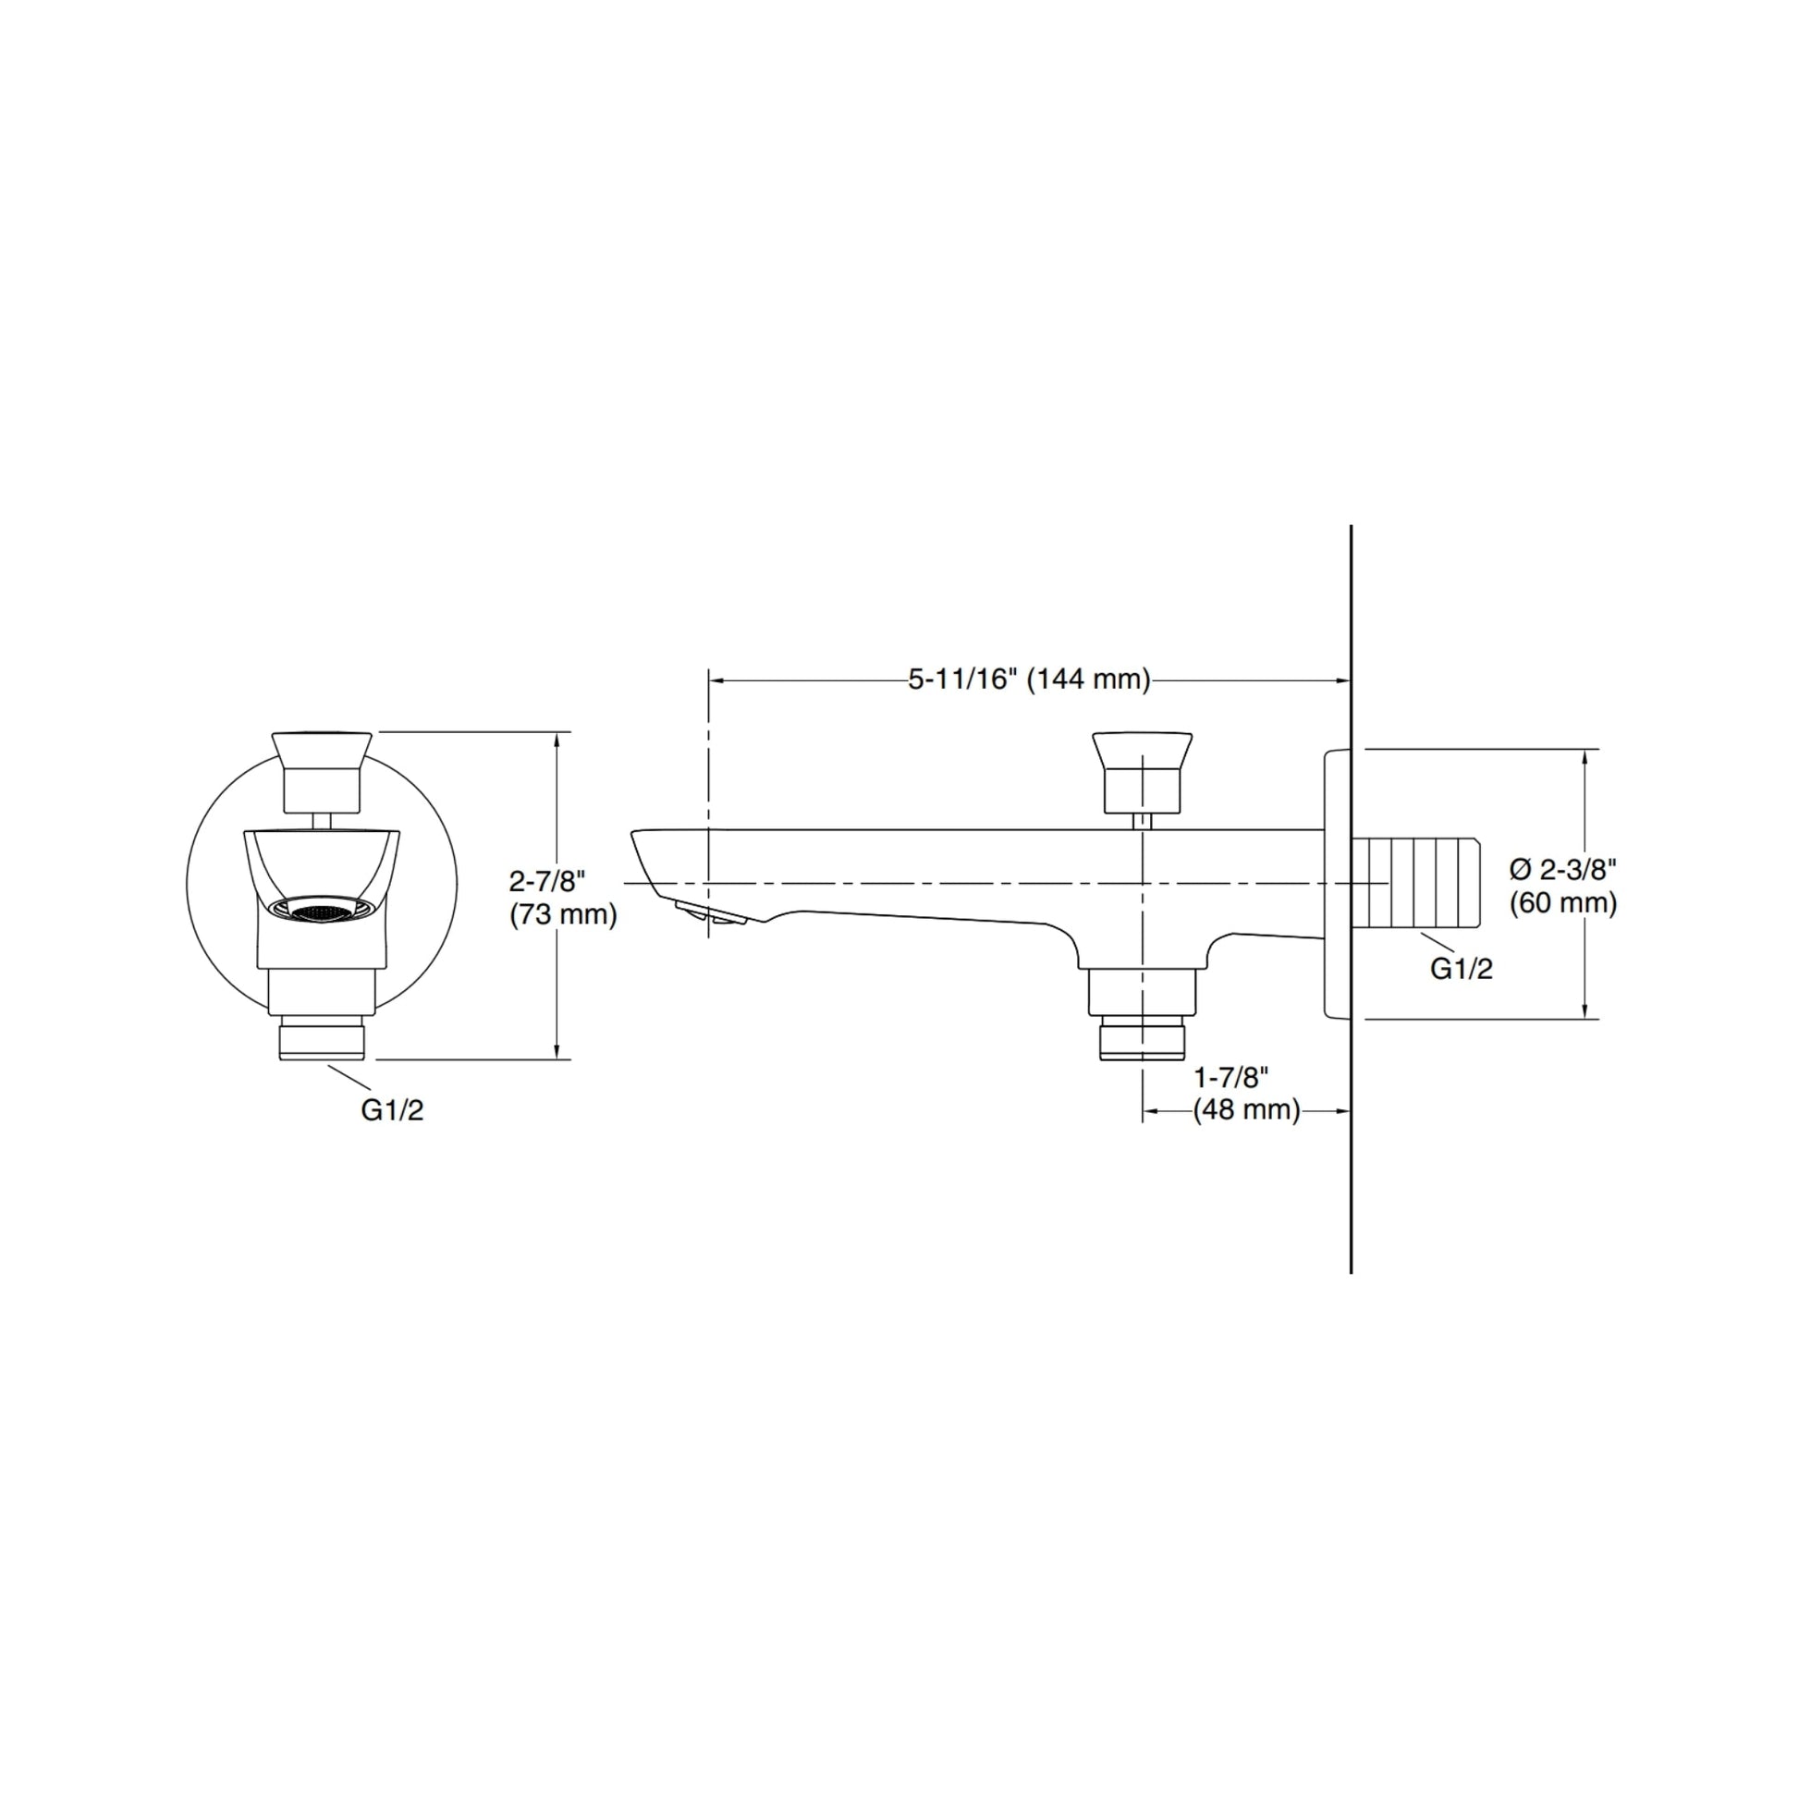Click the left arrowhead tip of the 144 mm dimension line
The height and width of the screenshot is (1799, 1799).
coord(710,680)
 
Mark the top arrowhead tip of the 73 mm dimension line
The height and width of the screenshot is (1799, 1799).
coord(557,732)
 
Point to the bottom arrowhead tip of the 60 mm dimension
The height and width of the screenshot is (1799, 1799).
coord(1585,1019)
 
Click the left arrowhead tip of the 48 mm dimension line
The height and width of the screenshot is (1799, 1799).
coord(1144,1110)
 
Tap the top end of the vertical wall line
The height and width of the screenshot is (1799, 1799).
coord(1352,525)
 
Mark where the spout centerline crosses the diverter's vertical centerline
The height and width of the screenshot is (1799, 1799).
coord(1144,882)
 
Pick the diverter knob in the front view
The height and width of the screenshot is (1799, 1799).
coord(322,772)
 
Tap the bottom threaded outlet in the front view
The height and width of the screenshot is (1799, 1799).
coord(323,1040)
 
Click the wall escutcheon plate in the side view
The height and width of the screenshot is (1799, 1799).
coord(1337,883)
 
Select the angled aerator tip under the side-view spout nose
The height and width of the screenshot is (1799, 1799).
coord(710,912)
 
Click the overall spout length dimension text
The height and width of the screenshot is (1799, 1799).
coord(1030,679)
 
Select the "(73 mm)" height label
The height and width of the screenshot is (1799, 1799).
coord(563,915)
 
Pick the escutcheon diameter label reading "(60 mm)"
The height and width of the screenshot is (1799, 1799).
coord(1563,903)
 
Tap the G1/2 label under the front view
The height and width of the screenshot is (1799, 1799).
coord(392,1110)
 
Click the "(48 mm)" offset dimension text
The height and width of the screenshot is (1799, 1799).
coord(1247,1110)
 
